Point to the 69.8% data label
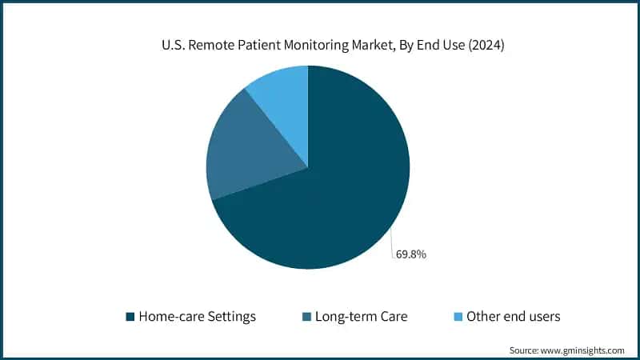coord(410,255)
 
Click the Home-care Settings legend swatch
coord(130,317)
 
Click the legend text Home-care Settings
coord(197,317)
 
